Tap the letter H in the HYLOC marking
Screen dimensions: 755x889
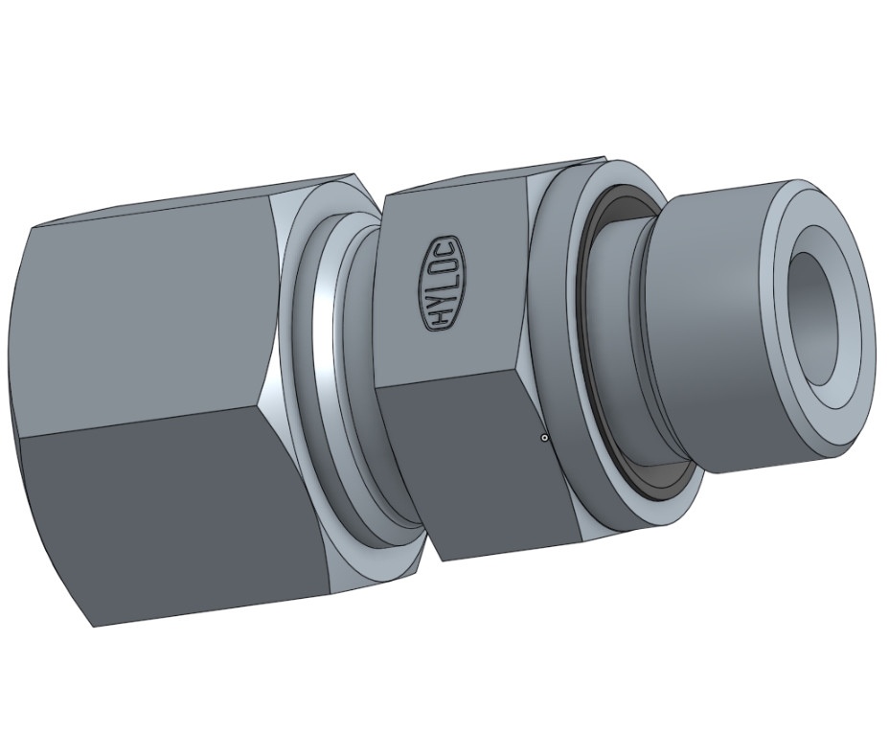pos(440,318)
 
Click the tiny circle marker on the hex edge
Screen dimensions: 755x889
pos(544,439)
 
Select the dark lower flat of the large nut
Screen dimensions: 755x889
pos(182,517)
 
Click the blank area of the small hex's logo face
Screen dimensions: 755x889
pos(479,307)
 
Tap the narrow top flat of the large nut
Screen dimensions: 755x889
pos(192,201)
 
